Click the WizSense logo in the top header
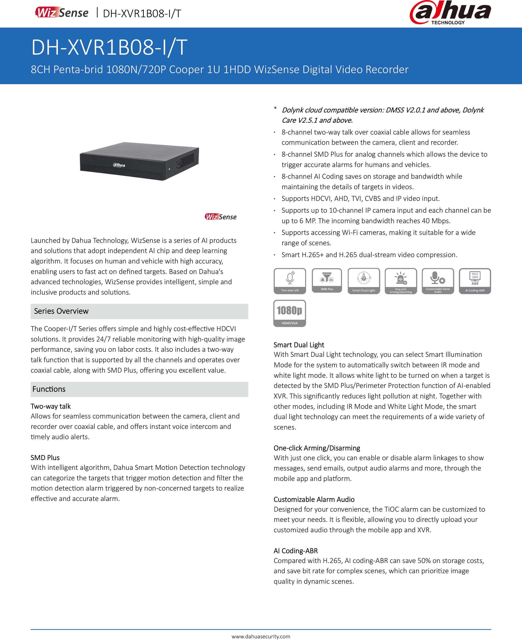(62, 13)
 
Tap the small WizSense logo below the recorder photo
(220, 217)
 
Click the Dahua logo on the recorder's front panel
(119, 165)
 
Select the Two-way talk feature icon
(290, 281)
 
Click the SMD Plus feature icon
(327, 280)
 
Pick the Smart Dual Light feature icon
(364, 281)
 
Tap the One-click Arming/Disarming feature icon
(401, 281)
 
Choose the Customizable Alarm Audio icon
(438, 281)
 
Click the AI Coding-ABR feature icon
(475, 281)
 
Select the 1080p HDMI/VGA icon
(290, 313)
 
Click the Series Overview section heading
(61, 311)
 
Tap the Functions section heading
(49, 389)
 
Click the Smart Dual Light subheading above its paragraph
(299, 345)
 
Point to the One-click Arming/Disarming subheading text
(317, 448)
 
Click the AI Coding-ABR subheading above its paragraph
(296, 551)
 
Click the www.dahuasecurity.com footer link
(261, 636)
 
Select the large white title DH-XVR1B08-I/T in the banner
(110, 47)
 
